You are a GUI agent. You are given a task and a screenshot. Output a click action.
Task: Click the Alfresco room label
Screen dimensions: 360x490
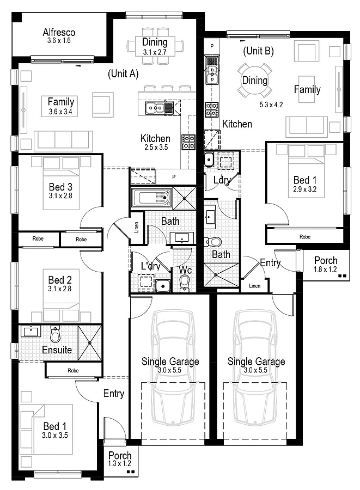pyautogui.click(x=59, y=32)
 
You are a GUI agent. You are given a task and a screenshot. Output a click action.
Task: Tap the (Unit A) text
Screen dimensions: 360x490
pyautogui.click(x=123, y=73)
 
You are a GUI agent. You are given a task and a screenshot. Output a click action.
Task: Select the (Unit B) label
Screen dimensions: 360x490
pyautogui.click(x=259, y=51)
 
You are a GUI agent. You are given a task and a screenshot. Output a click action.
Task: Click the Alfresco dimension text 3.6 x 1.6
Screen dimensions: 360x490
pyautogui.click(x=59, y=41)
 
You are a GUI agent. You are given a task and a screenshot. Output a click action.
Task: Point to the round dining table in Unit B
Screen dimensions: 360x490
pyautogui.click(x=255, y=81)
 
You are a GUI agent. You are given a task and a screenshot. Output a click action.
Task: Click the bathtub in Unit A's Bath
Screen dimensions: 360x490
pyautogui.click(x=151, y=198)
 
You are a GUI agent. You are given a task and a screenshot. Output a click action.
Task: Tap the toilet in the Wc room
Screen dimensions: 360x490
pyautogui.click(x=185, y=283)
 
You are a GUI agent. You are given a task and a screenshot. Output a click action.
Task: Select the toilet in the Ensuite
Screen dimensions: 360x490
pyautogui.click(x=56, y=334)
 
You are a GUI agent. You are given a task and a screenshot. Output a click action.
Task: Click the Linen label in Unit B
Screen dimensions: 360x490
pyautogui.click(x=255, y=286)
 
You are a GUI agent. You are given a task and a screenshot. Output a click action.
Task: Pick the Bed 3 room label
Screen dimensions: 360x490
pyautogui.click(x=60, y=187)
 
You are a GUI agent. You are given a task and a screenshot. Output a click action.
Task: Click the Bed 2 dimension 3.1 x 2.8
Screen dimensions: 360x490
pyautogui.click(x=60, y=289)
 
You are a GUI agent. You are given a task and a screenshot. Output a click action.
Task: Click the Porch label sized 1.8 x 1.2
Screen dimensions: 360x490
pyautogui.click(x=326, y=260)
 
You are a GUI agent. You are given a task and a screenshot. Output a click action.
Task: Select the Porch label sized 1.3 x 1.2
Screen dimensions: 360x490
pyautogui.click(x=120, y=456)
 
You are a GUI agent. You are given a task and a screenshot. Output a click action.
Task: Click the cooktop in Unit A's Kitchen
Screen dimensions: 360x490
pyautogui.click(x=188, y=142)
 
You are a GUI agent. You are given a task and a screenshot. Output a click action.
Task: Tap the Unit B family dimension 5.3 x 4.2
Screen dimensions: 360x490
pyautogui.click(x=271, y=105)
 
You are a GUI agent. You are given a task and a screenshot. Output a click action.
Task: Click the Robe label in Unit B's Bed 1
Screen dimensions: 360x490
pyautogui.click(x=304, y=237)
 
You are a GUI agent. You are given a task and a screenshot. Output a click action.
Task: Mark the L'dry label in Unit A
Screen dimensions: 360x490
pyautogui.click(x=151, y=266)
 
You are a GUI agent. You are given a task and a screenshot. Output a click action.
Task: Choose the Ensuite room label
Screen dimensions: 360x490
pyautogui.click(x=57, y=350)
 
